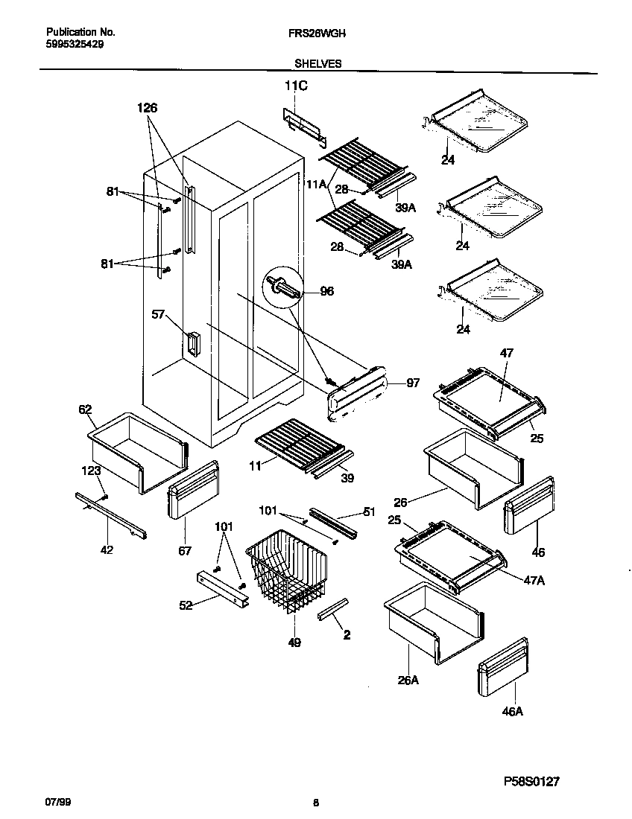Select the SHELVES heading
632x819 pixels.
click(317, 64)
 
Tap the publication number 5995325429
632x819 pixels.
click(75, 44)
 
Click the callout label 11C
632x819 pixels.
click(296, 87)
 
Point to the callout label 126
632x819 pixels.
click(148, 108)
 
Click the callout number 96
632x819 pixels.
click(326, 292)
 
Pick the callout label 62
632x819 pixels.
click(85, 409)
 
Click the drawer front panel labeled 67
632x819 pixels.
click(192, 488)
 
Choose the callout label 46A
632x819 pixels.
click(512, 712)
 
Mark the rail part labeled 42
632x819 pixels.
click(110, 516)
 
